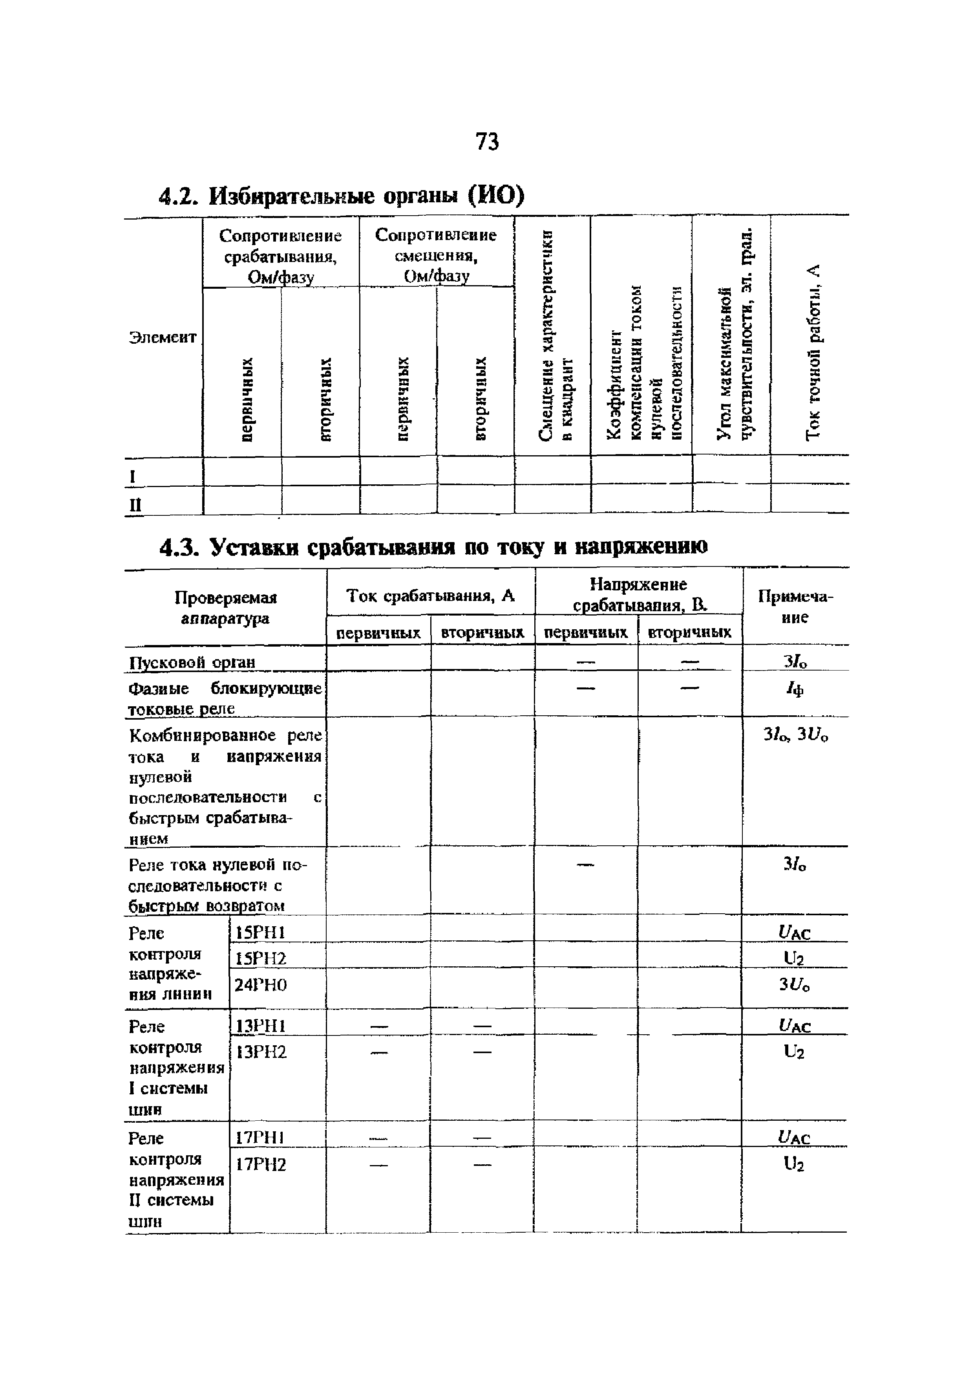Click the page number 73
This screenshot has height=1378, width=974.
pyautogui.click(x=486, y=142)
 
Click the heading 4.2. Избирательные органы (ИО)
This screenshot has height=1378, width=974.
pyautogui.click(x=341, y=196)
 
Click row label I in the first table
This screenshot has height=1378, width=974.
pyautogui.click(x=133, y=476)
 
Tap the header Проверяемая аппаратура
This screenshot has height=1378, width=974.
pyautogui.click(x=225, y=607)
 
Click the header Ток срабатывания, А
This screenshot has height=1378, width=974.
pyautogui.click(x=431, y=596)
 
